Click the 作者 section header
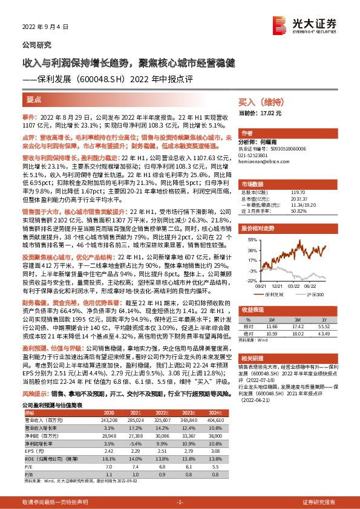click(x=247, y=133)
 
